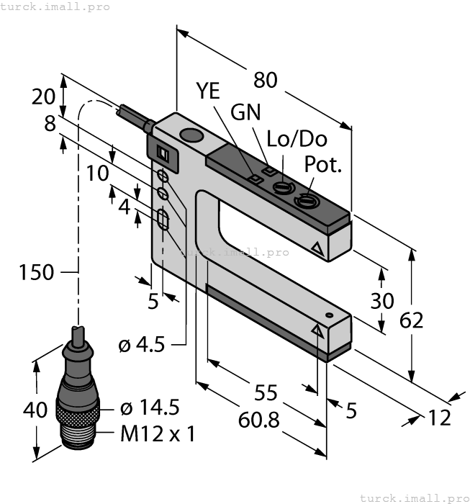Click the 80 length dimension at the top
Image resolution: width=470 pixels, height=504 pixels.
(x=266, y=81)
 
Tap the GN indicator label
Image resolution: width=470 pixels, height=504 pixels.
(x=245, y=113)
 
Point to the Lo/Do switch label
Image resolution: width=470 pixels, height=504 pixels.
(x=297, y=138)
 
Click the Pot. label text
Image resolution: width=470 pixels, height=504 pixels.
(x=323, y=164)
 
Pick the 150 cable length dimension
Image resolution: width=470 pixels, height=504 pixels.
(x=37, y=272)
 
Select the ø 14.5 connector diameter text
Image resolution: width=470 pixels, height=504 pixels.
(x=149, y=408)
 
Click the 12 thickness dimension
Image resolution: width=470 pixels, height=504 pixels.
(x=439, y=418)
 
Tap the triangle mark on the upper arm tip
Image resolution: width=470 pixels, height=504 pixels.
(x=317, y=249)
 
